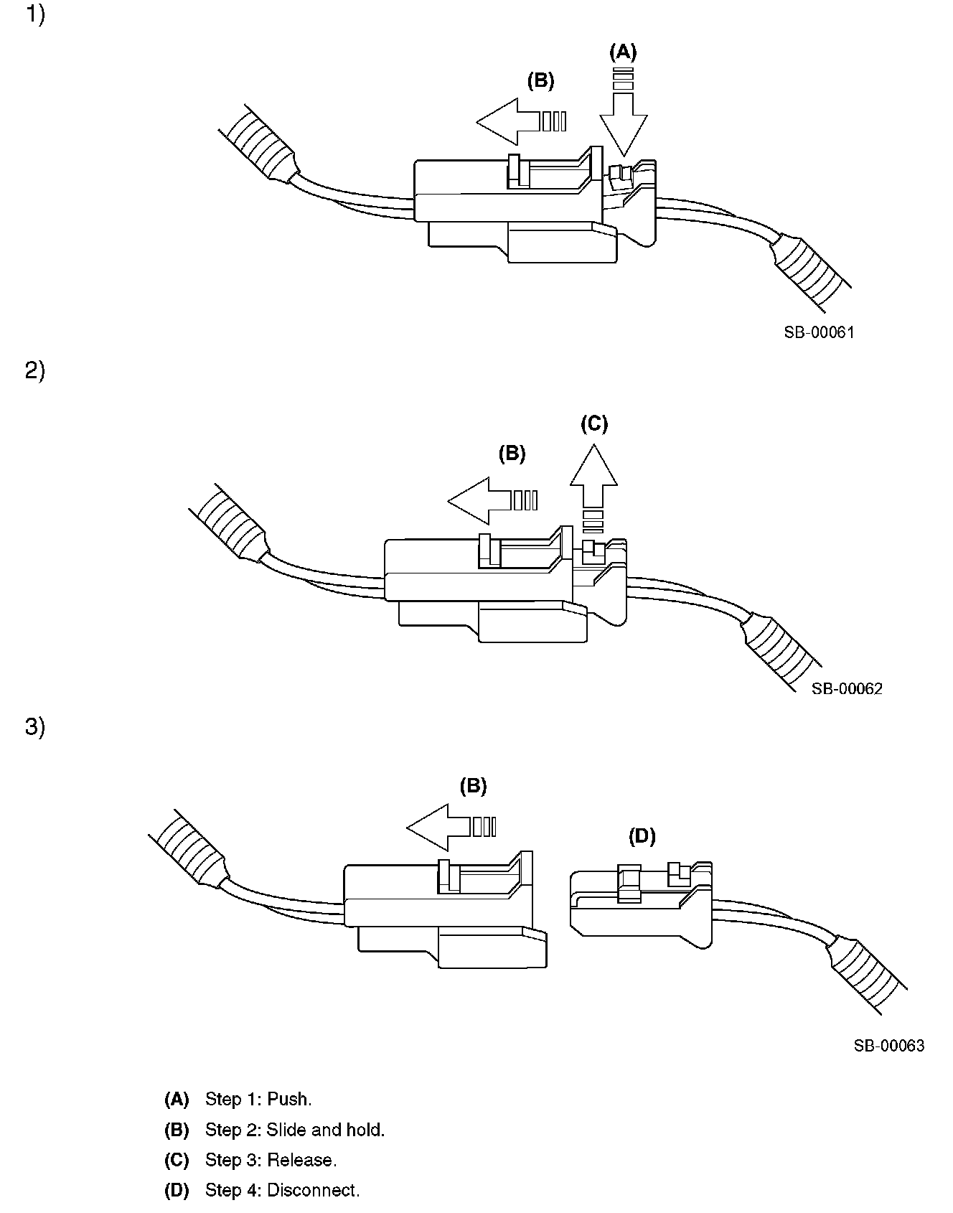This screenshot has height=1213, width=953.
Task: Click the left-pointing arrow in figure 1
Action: click(510, 121)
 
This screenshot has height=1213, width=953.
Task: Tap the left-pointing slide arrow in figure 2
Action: click(481, 500)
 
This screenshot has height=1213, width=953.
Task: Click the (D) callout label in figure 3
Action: click(642, 835)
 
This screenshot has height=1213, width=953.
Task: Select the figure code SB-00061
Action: click(819, 332)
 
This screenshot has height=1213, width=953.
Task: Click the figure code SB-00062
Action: click(847, 688)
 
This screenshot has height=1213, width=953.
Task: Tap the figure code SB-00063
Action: click(888, 1046)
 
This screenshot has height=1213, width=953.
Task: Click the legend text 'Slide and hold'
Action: click(325, 1130)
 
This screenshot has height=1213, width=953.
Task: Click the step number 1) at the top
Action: click(35, 15)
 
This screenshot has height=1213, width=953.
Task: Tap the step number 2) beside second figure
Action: click(35, 371)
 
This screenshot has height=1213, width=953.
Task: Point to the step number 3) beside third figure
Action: click(35, 727)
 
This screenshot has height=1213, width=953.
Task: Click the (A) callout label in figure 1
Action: click(622, 52)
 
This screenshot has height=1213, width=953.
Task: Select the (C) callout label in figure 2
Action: click(593, 424)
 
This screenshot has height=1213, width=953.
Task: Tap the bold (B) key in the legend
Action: click(177, 1130)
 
